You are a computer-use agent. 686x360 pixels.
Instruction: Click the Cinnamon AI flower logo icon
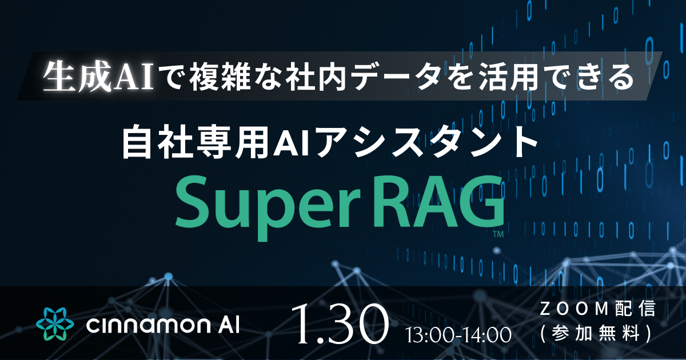(55, 324)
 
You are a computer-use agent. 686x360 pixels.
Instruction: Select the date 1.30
(340, 323)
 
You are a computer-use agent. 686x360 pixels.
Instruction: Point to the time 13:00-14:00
(458, 335)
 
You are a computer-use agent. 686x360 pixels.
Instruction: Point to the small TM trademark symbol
(498, 235)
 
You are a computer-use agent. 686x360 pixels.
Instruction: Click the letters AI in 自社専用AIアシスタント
(286, 144)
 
